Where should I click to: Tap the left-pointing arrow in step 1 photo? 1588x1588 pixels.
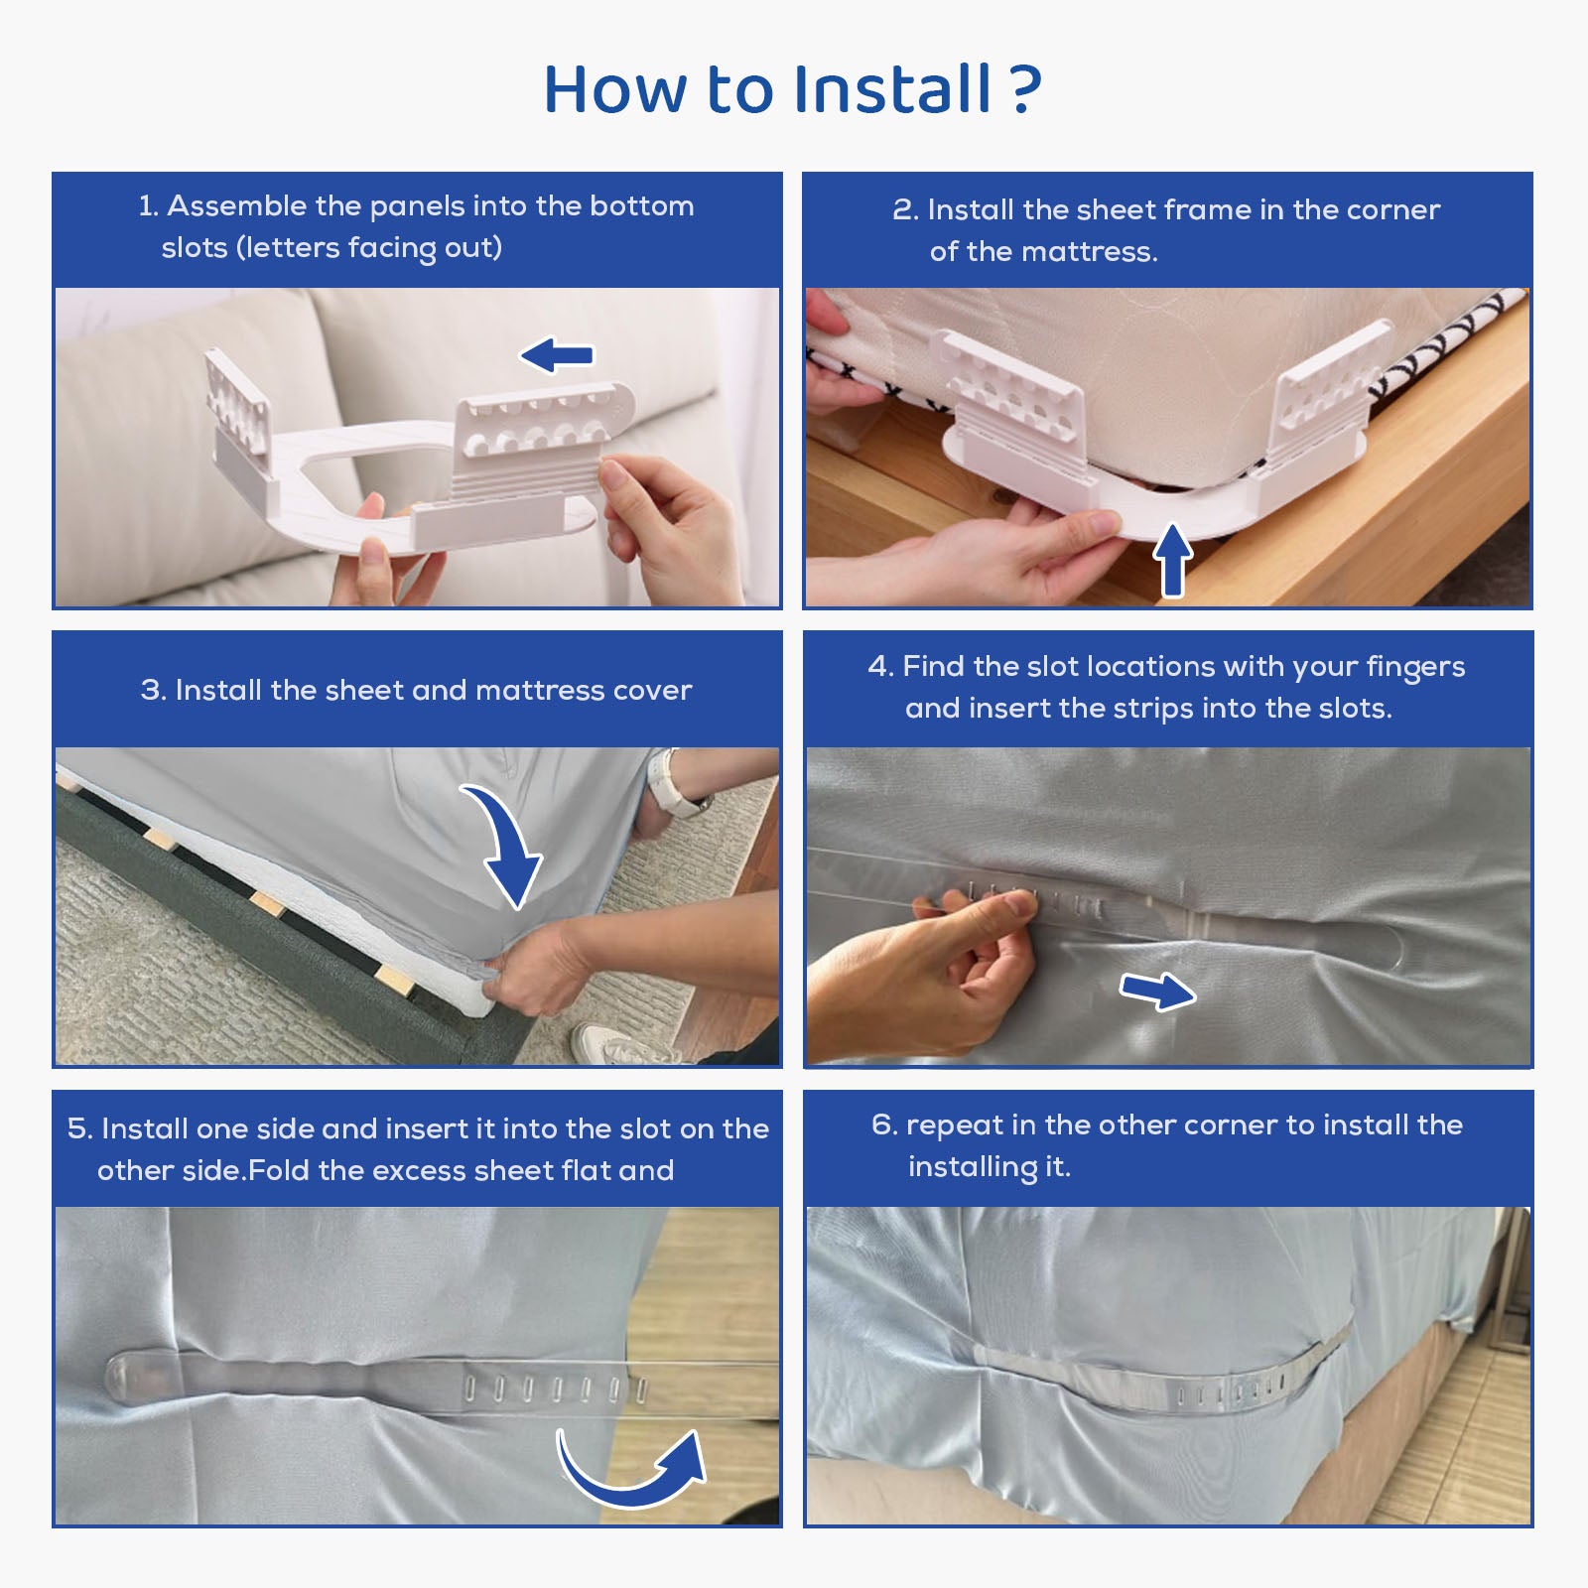557,355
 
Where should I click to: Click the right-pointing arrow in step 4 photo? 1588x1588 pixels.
1157,991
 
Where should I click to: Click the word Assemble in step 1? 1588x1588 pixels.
236,205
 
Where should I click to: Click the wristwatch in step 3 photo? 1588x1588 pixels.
675,784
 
